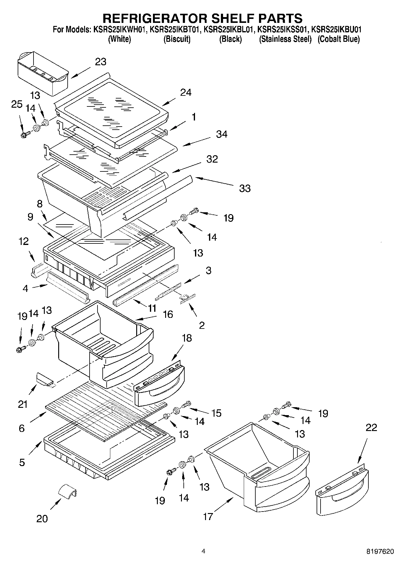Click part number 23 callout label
101,62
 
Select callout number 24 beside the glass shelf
186,92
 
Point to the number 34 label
222,134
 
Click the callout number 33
245,188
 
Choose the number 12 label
23,241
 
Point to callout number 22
371,427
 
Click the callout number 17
208,516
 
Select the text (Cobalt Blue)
339,39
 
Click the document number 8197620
380,551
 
